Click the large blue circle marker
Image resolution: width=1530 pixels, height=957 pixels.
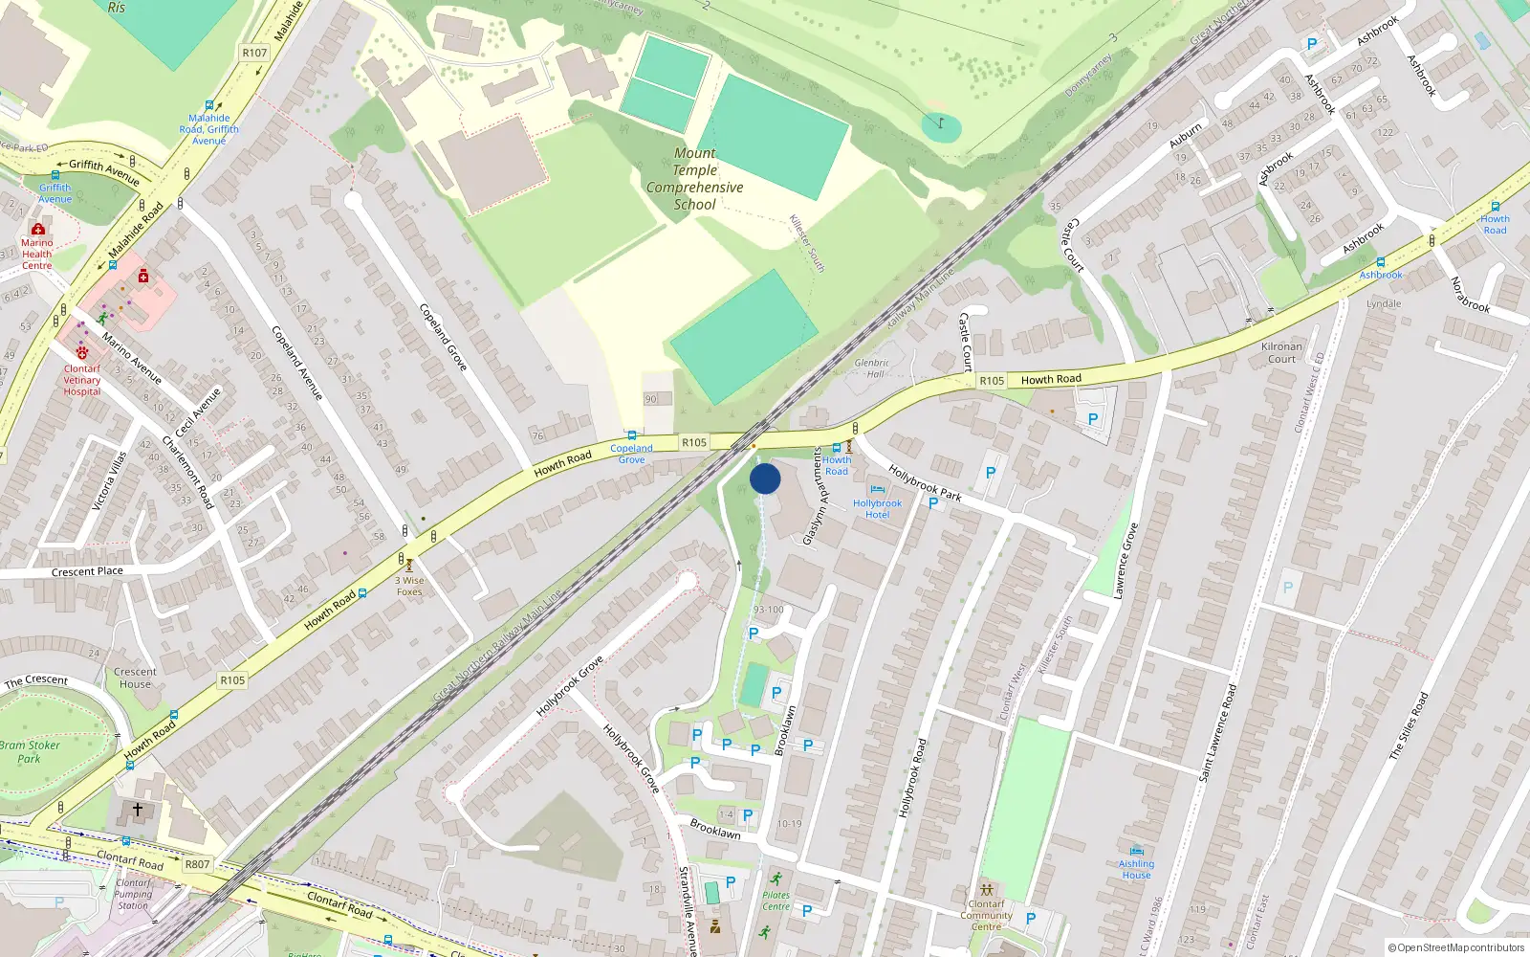click(x=765, y=478)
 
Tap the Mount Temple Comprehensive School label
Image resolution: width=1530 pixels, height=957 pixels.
click(x=694, y=179)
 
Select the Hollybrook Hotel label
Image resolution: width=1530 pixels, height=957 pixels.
click(x=877, y=509)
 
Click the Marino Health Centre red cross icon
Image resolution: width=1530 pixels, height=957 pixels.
click(x=38, y=230)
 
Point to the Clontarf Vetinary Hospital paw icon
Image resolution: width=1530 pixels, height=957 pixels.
click(x=82, y=353)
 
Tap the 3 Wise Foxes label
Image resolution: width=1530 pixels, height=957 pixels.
click(x=409, y=586)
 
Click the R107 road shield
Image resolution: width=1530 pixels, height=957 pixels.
click(x=254, y=53)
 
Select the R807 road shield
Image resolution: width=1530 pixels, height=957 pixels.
click(x=197, y=864)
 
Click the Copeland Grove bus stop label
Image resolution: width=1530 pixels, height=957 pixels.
click(x=631, y=454)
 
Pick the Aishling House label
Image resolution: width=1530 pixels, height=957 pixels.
click(x=1136, y=869)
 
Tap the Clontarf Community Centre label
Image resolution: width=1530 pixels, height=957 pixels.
click(x=986, y=915)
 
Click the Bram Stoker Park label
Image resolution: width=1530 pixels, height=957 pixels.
click(x=30, y=751)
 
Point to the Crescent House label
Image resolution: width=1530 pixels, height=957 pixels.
click(x=135, y=678)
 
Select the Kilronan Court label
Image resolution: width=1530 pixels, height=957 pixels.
click(x=1281, y=353)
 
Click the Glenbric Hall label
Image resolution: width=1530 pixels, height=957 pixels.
click(x=871, y=368)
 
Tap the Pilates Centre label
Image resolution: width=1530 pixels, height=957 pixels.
click(x=776, y=901)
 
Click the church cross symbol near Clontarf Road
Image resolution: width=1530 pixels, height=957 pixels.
click(x=138, y=810)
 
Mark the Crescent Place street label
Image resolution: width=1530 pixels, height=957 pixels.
click(x=87, y=571)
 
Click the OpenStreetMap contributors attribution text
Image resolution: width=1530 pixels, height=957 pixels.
click(x=1455, y=948)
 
